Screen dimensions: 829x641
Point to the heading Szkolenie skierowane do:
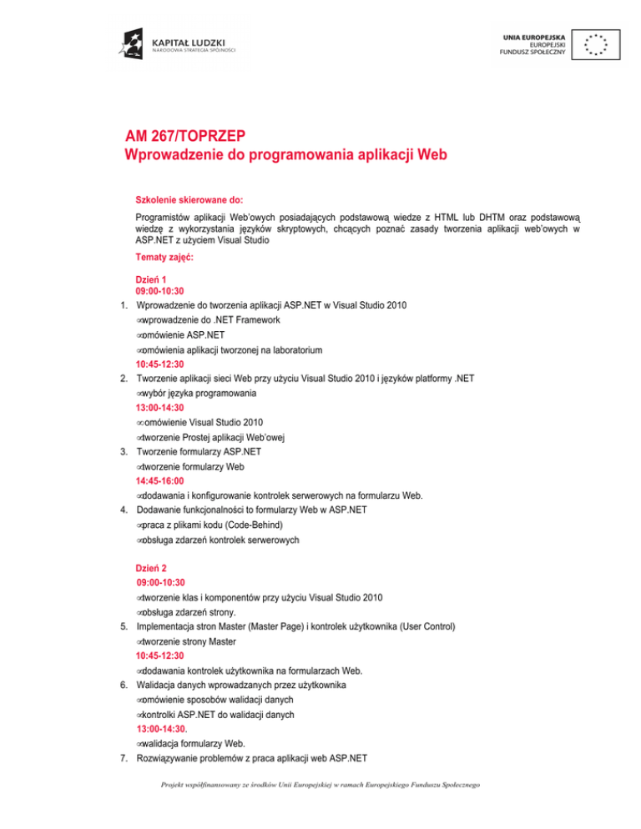coord(189,200)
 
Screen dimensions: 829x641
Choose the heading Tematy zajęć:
coord(164,259)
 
